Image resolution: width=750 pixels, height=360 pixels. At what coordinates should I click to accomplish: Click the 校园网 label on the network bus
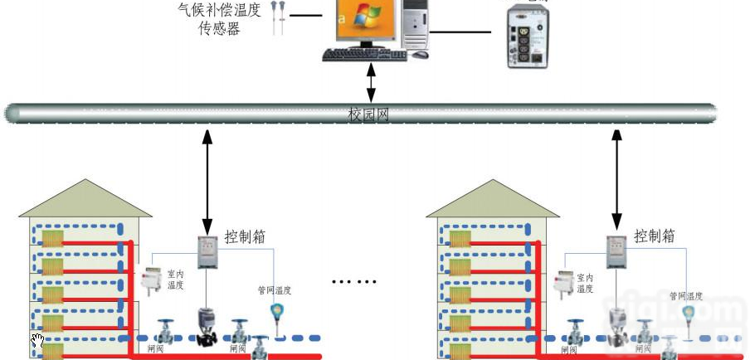[368, 114]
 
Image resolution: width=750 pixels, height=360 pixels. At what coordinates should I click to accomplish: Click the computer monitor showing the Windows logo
[364, 22]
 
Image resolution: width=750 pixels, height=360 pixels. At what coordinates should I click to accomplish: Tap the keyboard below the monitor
[359, 55]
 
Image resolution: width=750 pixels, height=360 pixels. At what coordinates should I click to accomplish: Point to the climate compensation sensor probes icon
[279, 18]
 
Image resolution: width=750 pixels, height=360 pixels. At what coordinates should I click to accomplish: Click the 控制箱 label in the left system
[245, 236]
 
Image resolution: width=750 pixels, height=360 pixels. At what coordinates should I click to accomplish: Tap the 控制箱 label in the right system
[654, 236]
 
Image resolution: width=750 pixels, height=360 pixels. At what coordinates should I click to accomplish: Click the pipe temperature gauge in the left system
[275, 314]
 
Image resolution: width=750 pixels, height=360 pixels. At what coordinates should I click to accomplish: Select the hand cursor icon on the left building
[37, 340]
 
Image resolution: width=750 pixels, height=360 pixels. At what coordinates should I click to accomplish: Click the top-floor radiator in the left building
[52, 240]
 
